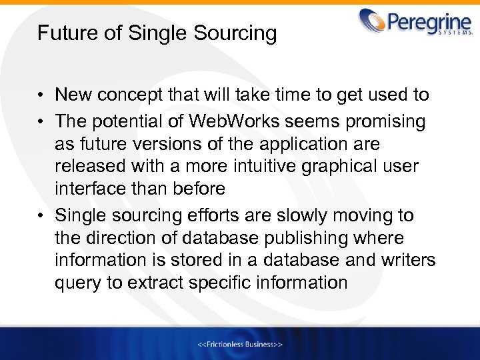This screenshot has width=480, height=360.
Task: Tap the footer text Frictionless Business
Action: coord(240,345)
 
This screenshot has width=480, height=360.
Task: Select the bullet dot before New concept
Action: coord(42,95)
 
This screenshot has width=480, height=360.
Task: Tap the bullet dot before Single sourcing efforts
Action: coord(42,216)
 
